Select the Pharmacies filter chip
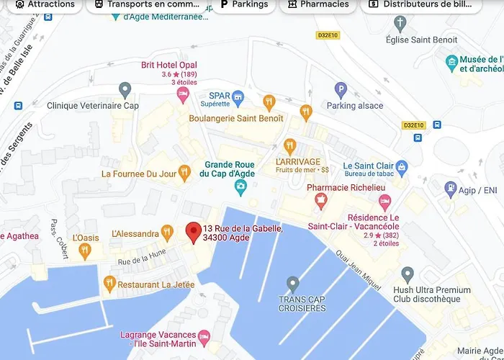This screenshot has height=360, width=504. tap(316, 4)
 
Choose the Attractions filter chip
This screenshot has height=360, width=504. tap(44, 4)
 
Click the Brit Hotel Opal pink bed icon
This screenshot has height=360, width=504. tap(183, 94)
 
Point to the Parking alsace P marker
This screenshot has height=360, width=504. tap(341, 90)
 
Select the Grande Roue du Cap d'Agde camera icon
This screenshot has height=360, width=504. tap(240, 188)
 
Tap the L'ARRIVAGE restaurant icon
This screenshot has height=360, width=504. tap(290, 146)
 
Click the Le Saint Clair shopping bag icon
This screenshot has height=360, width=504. tap(402, 168)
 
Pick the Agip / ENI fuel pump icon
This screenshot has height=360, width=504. tap(451, 189)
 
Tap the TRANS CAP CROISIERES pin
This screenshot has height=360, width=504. tap(292, 283)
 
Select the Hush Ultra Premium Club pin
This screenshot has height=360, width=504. tap(408, 274)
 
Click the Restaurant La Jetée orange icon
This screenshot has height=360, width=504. tap(109, 282)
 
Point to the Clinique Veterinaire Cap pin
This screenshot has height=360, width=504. tap(125, 90)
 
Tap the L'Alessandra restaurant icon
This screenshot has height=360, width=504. tap(167, 232)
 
